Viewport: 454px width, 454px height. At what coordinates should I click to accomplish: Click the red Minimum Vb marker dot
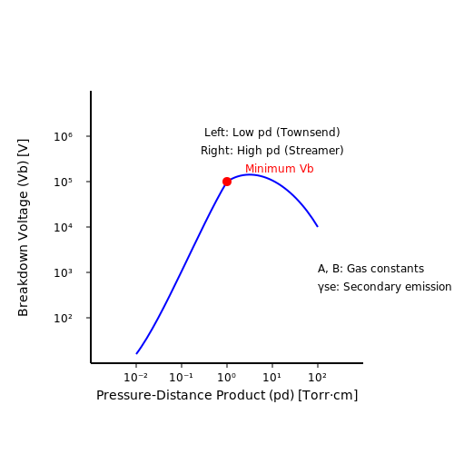(x=227, y=182)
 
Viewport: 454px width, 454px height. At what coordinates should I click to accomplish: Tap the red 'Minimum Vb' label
(x=280, y=169)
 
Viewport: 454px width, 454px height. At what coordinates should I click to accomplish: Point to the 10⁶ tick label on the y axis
(x=63, y=137)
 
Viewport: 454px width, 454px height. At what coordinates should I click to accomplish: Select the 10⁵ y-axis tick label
(x=63, y=183)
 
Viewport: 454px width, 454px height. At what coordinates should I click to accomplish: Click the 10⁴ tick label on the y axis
(x=63, y=228)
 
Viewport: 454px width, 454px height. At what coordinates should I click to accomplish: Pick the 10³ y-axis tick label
(x=63, y=273)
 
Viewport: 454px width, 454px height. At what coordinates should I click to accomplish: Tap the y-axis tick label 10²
(x=63, y=319)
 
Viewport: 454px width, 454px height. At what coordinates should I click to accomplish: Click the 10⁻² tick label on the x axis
(x=136, y=377)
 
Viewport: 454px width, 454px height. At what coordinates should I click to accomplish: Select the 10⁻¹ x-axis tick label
(x=181, y=377)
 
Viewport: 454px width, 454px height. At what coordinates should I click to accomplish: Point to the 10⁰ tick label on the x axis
(x=227, y=377)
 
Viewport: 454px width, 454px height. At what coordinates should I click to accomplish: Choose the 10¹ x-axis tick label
(x=272, y=377)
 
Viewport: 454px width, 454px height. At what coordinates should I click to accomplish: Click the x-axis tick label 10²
(x=318, y=377)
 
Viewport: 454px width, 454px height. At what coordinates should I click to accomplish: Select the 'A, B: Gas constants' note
(x=370, y=269)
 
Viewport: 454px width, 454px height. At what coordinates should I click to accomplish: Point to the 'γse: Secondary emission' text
(x=385, y=287)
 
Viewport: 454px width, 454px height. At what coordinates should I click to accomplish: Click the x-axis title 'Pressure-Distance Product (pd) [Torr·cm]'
(x=227, y=395)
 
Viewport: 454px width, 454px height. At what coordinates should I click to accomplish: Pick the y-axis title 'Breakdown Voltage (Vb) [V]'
(x=23, y=228)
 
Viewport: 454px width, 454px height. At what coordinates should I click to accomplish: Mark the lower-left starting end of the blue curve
(x=136, y=353)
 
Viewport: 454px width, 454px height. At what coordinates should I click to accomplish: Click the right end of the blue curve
(x=318, y=226)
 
